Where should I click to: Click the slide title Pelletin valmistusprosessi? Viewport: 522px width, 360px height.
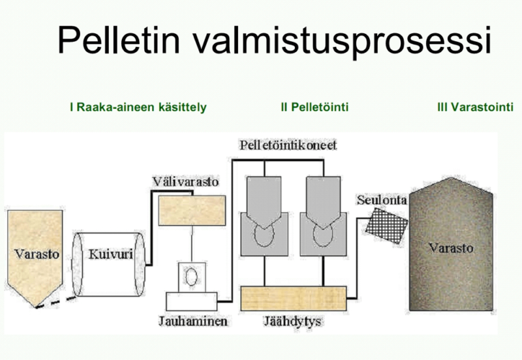click(274, 40)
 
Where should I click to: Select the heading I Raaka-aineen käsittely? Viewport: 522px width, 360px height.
click(138, 107)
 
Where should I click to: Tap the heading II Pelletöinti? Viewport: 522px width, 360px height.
click(315, 107)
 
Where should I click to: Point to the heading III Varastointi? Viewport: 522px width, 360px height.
click(475, 107)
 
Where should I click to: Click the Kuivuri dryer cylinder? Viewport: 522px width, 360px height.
click(109, 264)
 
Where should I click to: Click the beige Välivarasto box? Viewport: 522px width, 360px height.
click(192, 210)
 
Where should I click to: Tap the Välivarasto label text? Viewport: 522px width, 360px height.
click(186, 182)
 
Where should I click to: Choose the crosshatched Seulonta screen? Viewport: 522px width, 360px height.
click(386, 226)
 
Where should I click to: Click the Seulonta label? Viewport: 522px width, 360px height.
click(382, 200)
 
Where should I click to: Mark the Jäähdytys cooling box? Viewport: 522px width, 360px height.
click(293, 299)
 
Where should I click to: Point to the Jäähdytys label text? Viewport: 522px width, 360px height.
click(293, 322)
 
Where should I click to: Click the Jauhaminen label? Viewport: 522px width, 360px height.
click(193, 321)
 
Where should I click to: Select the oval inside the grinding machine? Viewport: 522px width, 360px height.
click(191, 277)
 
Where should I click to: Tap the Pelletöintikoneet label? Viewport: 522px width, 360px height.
click(288, 145)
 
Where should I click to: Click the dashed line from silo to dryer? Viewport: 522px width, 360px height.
click(56, 302)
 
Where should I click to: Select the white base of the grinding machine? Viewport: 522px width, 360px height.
click(191, 301)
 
